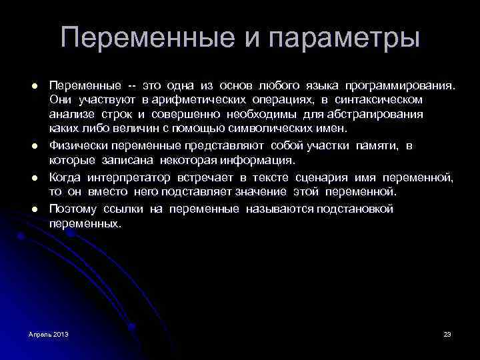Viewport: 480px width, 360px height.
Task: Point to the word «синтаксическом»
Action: coord(381,99)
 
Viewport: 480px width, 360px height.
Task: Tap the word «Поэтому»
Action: coord(71,209)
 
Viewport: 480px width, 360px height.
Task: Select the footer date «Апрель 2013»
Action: coord(49,333)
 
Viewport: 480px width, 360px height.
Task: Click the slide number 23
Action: coord(447,333)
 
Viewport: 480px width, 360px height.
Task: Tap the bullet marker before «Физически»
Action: coord(33,146)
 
